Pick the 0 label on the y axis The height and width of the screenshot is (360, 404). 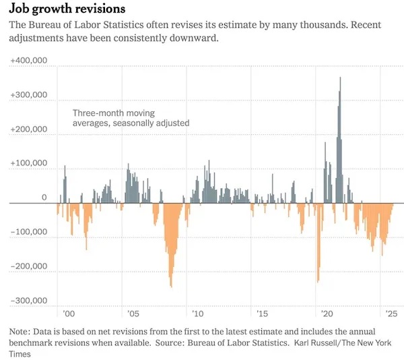tap(42, 198)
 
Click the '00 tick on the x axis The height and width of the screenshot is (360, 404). tap(68, 314)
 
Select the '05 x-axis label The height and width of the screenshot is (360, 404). tap(133, 314)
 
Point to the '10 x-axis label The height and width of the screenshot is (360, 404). tap(197, 314)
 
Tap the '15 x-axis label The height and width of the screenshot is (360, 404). tap(262, 314)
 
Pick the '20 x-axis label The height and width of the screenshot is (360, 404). tap(327, 314)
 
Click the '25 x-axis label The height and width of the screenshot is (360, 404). tap(391, 314)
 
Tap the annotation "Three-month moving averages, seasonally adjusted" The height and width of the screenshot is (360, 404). tap(131, 118)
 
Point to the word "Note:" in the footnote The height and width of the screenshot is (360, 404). tap(20, 332)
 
